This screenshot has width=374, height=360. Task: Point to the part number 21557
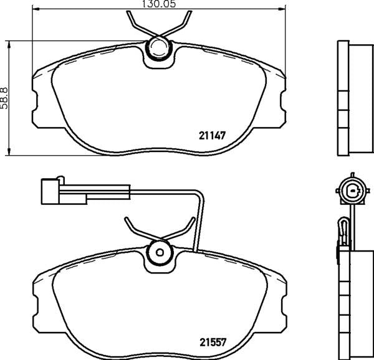(212, 341)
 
